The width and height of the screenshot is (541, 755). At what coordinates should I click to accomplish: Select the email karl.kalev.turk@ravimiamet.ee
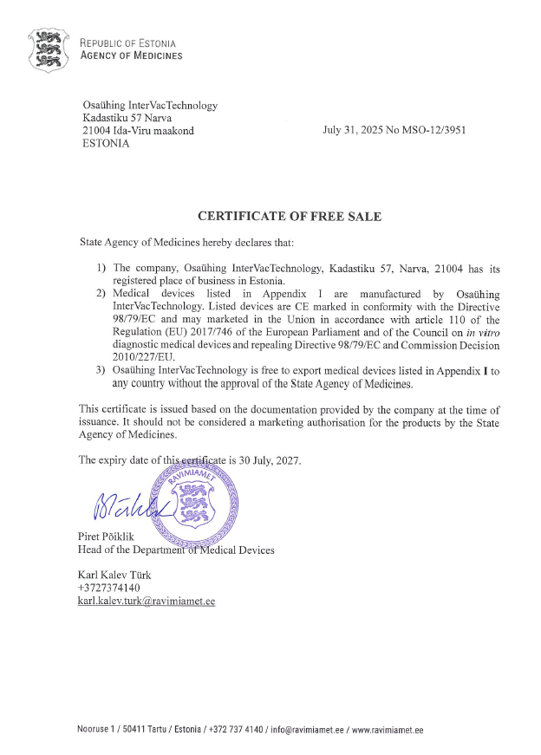pos(147,601)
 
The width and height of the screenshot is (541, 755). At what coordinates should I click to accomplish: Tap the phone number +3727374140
pos(109,588)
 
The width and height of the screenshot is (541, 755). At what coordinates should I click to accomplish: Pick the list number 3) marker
pos(101,371)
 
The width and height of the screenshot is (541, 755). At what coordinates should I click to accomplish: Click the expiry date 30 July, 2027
pos(264,460)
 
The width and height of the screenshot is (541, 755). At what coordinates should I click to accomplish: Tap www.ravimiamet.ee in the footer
pos(388,731)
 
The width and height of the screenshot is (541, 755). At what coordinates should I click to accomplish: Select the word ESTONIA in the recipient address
pos(106,144)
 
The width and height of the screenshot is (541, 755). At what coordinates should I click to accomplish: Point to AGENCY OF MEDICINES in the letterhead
pos(131,56)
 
